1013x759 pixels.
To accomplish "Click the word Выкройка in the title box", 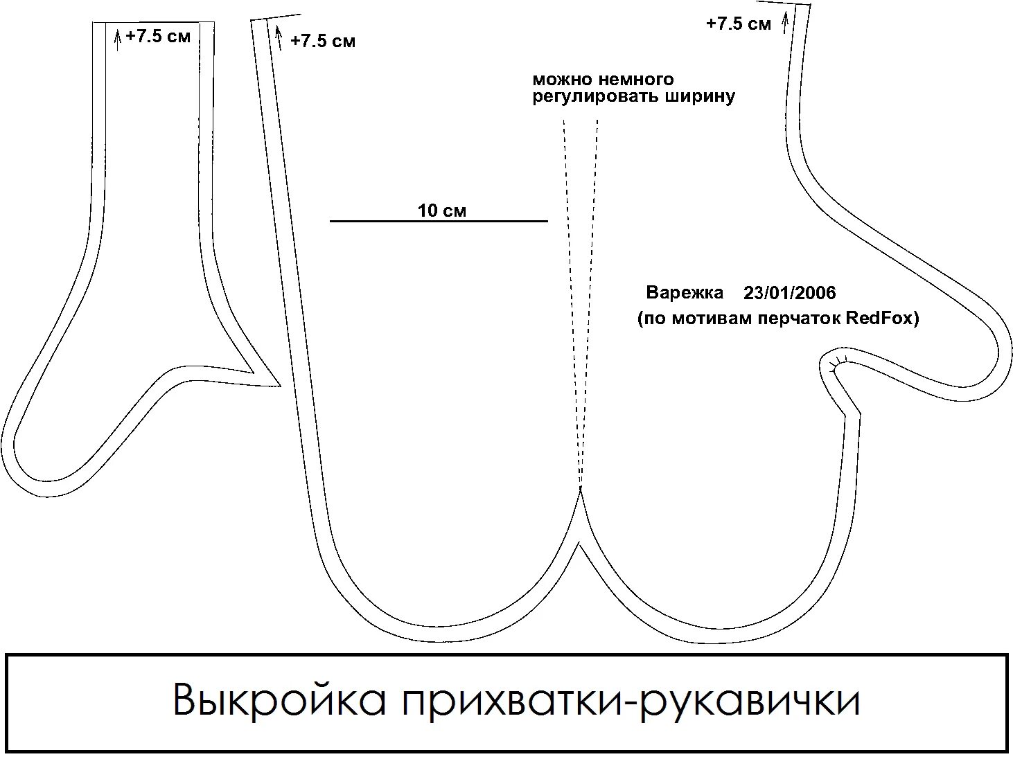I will pyautogui.click(x=279, y=700).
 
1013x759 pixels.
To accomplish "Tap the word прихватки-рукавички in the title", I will pyautogui.click(x=630, y=700).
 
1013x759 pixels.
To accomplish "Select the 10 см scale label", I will pyautogui.click(x=442, y=211).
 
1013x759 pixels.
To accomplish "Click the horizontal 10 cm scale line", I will pyautogui.click(x=439, y=221).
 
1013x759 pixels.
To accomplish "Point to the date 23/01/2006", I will pyautogui.click(x=790, y=293).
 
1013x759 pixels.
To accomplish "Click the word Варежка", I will pyautogui.click(x=685, y=292).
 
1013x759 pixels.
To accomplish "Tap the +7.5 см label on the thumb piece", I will pyautogui.click(x=158, y=37).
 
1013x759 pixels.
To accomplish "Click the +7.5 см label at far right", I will pyautogui.click(x=738, y=24).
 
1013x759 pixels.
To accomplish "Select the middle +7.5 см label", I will pyautogui.click(x=323, y=41).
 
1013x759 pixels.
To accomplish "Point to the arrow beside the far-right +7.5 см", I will pyautogui.click(x=785, y=23).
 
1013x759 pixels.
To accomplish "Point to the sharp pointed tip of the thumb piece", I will pyautogui.click(x=279, y=385).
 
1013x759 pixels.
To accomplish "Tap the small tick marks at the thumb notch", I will pyautogui.click(x=839, y=360).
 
